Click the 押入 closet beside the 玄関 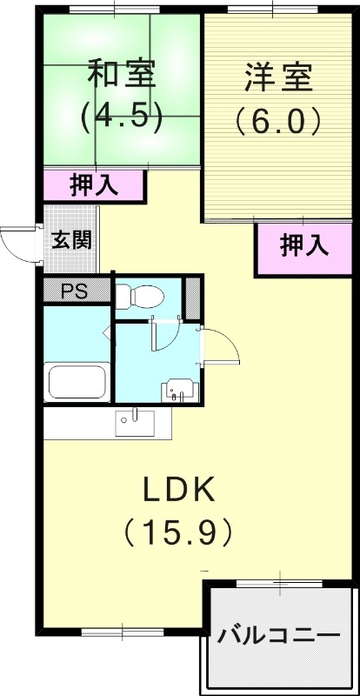coord(94,184)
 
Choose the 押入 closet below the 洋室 coord(304,246)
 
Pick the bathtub coord(77,380)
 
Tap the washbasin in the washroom coord(180,389)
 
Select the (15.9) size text coord(178,528)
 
